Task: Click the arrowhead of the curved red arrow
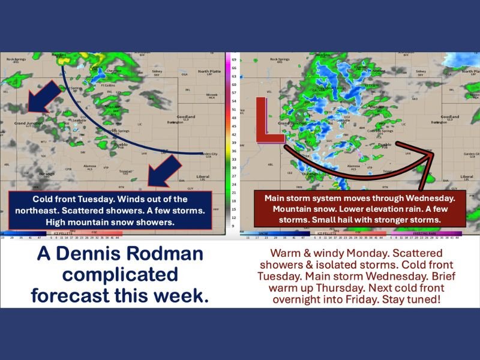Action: [430, 154]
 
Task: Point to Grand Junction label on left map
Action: [28, 124]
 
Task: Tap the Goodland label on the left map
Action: [186, 116]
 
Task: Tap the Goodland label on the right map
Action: [449, 117]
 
